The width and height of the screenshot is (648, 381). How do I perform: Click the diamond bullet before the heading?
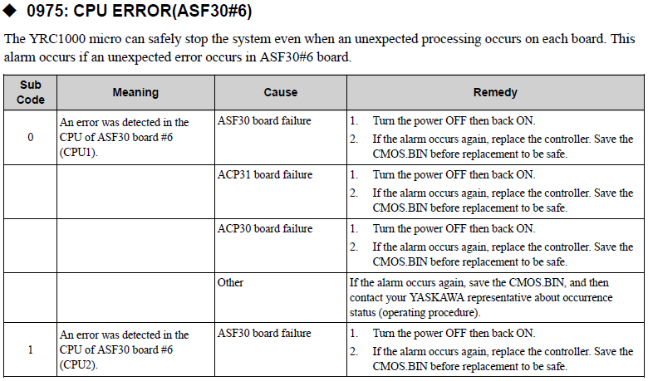pos(9,11)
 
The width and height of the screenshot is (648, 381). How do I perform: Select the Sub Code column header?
pos(31,92)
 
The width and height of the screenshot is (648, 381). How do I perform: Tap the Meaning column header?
pos(135,92)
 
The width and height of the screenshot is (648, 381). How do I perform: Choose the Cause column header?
pos(281,92)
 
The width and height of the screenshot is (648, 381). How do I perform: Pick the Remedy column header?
pos(495,92)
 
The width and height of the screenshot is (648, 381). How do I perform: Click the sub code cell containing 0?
pos(31,137)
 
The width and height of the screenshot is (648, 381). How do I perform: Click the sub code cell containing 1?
pos(31,349)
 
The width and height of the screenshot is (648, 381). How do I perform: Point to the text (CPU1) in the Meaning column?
pos(79,152)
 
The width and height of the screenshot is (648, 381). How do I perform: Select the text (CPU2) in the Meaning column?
pos(79,365)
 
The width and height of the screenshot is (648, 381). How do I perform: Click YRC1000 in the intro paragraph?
pos(57,39)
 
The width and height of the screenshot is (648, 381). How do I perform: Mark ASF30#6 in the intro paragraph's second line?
pos(287,57)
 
